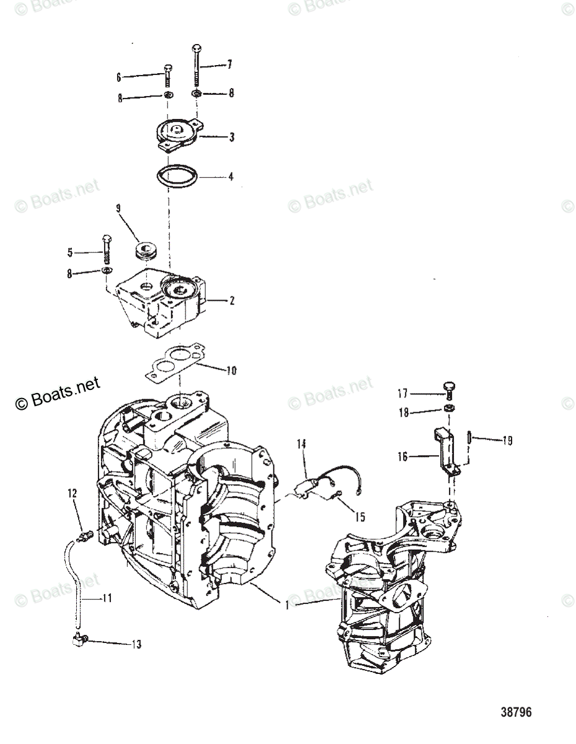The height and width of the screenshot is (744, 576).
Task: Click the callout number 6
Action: coord(118,77)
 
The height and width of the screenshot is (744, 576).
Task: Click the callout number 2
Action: coord(232,301)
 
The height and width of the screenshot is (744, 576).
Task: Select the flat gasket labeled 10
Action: coord(175,364)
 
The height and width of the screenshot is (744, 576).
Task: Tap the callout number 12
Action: coord(73,493)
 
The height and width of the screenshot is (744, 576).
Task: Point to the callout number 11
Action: coord(107,598)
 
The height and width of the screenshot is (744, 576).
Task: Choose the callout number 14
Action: coord(302,443)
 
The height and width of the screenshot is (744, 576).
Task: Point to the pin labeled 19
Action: coord(469,438)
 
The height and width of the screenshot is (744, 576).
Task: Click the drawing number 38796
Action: coord(516,712)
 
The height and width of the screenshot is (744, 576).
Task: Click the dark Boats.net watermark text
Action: coord(57,394)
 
